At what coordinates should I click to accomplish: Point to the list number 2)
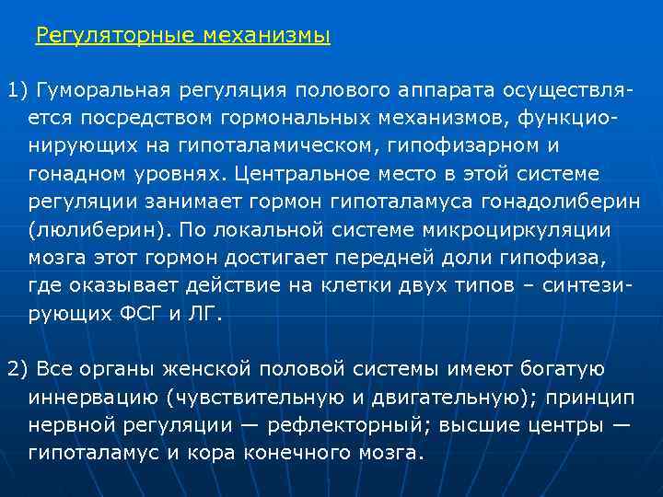click(19, 369)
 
